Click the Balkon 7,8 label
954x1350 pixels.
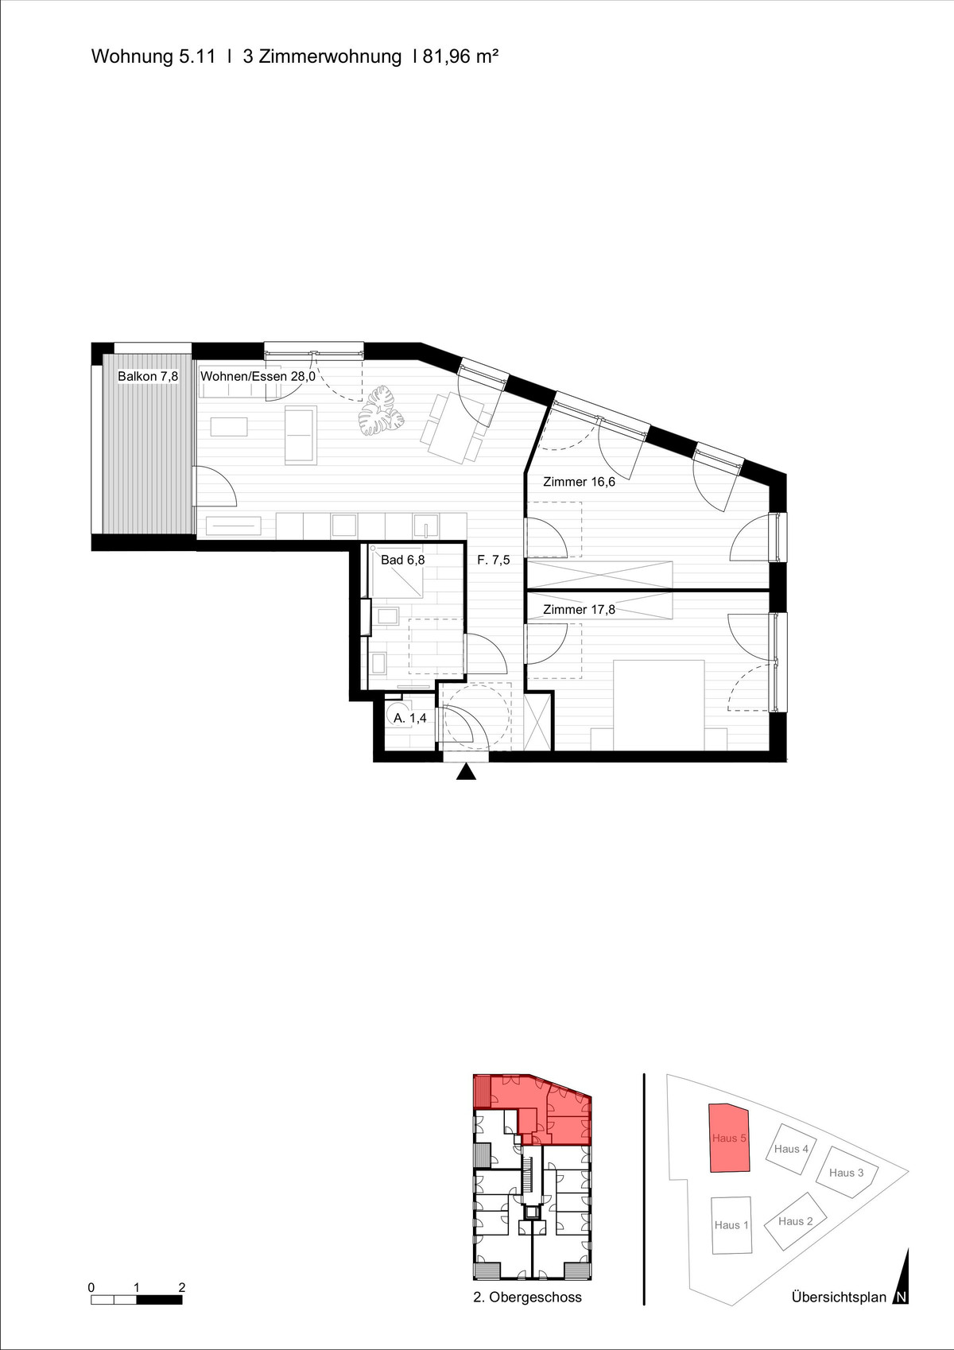pyautogui.click(x=148, y=377)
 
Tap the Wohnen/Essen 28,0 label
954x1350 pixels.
pyautogui.click(x=258, y=377)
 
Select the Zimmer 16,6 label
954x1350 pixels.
pyautogui.click(x=579, y=482)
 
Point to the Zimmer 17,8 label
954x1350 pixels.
pyautogui.click(x=579, y=609)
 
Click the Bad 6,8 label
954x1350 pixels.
pyautogui.click(x=402, y=560)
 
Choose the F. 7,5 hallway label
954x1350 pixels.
pyautogui.click(x=494, y=560)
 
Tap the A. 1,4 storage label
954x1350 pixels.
pyautogui.click(x=409, y=718)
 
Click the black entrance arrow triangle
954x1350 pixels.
pyautogui.click(x=466, y=772)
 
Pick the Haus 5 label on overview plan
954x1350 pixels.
pyautogui.click(x=729, y=1138)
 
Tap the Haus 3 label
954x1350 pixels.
pyautogui.click(x=846, y=1172)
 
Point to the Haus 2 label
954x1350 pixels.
pyautogui.click(x=796, y=1221)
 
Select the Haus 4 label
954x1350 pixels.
pyautogui.click(x=791, y=1149)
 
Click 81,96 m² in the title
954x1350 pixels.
pyautogui.click(x=460, y=56)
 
